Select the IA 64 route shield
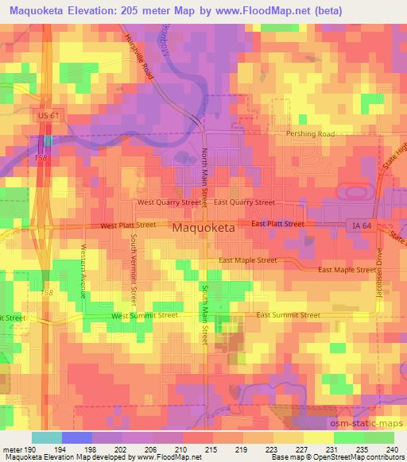362,226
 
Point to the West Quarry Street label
169,202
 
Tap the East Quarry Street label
244,202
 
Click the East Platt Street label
277,224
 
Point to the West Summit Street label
145,315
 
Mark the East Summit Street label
288,315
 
